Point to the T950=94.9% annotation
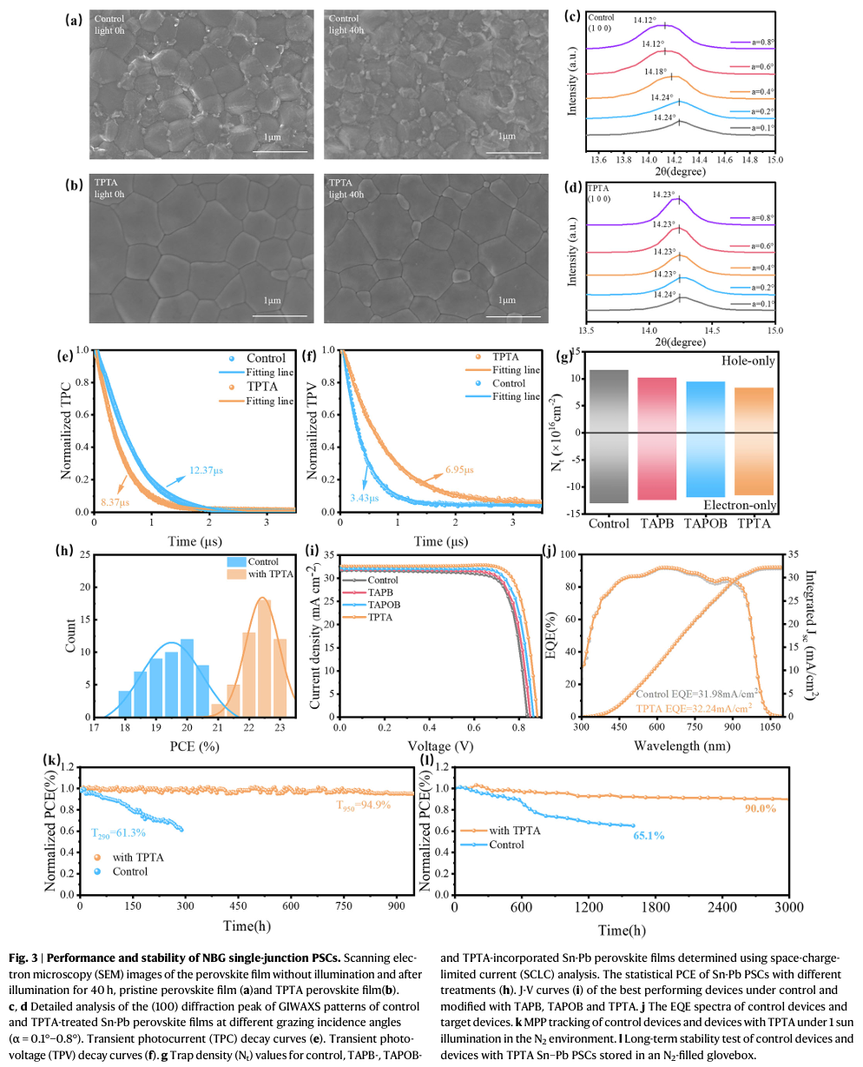[363, 805]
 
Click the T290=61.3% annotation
[119, 832]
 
